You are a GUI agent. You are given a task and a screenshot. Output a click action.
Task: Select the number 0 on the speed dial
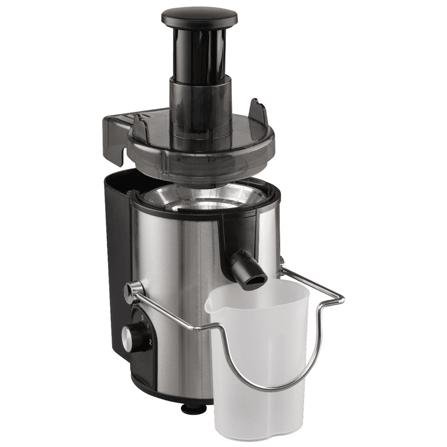[143, 317]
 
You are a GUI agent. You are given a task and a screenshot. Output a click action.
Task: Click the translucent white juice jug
[264, 358]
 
